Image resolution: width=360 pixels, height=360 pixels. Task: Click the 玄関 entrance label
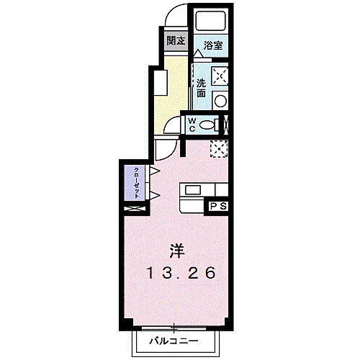pos(175,41)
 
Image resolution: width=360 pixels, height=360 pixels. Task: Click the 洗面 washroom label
pos(201,88)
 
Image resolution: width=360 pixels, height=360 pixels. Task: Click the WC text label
pos(192,125)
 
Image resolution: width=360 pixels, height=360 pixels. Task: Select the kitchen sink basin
pos(194,189)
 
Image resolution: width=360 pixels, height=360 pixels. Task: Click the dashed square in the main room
pos(219,148)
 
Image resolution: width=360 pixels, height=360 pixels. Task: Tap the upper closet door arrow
pos(153,171)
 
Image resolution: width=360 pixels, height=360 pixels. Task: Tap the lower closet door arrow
pos(153,196)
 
